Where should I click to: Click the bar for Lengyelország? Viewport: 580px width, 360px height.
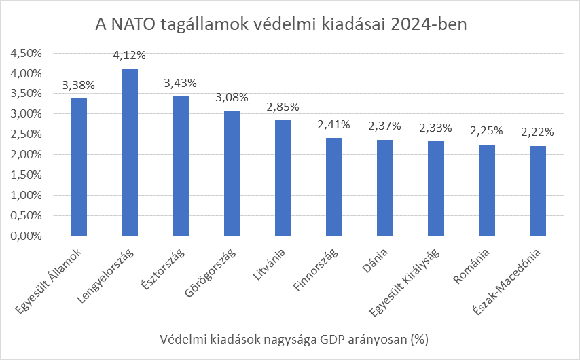coord(130,152)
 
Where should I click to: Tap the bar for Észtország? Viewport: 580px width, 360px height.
coord(181,166)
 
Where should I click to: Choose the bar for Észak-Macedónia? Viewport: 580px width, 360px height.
coord(538,191)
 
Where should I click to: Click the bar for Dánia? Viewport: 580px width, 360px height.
coord(384,188)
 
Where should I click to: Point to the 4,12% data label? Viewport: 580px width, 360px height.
coord(129,55)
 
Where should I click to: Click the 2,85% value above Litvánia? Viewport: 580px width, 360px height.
coord(283,107)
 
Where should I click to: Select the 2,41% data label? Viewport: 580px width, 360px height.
coord(333,124)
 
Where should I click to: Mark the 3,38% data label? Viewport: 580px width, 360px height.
coord(78,85)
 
